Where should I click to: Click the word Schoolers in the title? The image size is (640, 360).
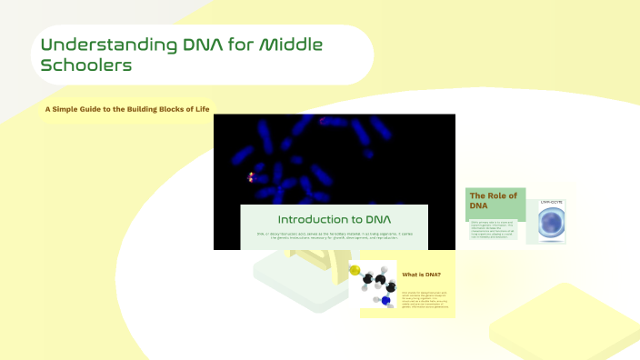point(86,65)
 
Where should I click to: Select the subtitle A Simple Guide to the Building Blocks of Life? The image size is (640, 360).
point(127,111)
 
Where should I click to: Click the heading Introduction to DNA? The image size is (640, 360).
point(334,219)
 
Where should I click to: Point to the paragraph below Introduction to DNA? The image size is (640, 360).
point(334,237)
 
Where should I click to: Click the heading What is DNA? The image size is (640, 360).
point(422,274)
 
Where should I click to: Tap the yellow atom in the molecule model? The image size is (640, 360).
point(355,270)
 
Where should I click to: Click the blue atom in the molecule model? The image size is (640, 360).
point(385,301)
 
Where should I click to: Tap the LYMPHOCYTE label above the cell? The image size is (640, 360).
point(551,200)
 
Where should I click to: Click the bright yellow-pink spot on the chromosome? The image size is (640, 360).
point(251,176)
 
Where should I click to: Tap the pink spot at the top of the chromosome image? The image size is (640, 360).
point(322,120)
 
